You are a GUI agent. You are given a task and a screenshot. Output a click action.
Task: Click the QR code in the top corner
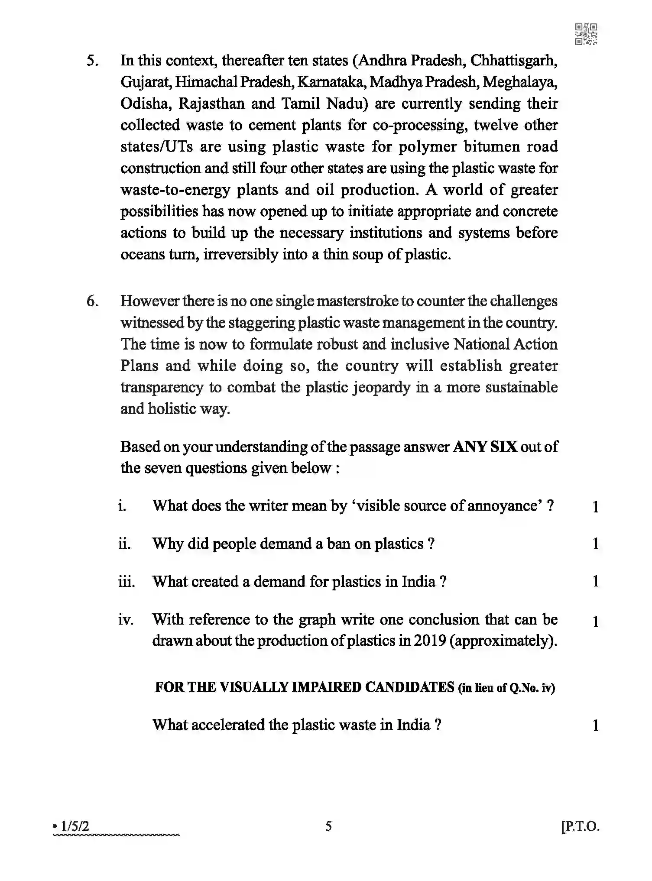pyautogui.click(x=586, y=34)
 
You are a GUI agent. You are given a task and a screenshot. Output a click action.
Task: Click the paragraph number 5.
pyautogui.click(x=92, y=61)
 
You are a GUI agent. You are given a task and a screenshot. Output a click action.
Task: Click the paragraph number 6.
pyautogui.click(x=92, y=301)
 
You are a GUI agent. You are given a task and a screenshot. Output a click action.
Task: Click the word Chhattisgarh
pyautogui.click(x=513, y=61)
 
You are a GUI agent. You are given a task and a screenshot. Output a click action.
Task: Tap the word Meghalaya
pyautogui.click(x=519, y=82)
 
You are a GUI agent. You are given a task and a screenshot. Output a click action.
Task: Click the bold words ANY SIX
pyautogui.click(x=485, y=447)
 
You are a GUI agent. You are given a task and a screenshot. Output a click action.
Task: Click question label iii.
pyautogui.click(x=127, y=582)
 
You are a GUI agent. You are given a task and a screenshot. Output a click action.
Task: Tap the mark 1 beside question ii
pyautogui.click(x=596, y=544)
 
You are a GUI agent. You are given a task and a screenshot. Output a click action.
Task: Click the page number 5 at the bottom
pyautogui.click(x=328, y=826)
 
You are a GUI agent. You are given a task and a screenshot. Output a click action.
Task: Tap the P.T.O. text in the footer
pyautogui.click(x=581, y=826)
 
